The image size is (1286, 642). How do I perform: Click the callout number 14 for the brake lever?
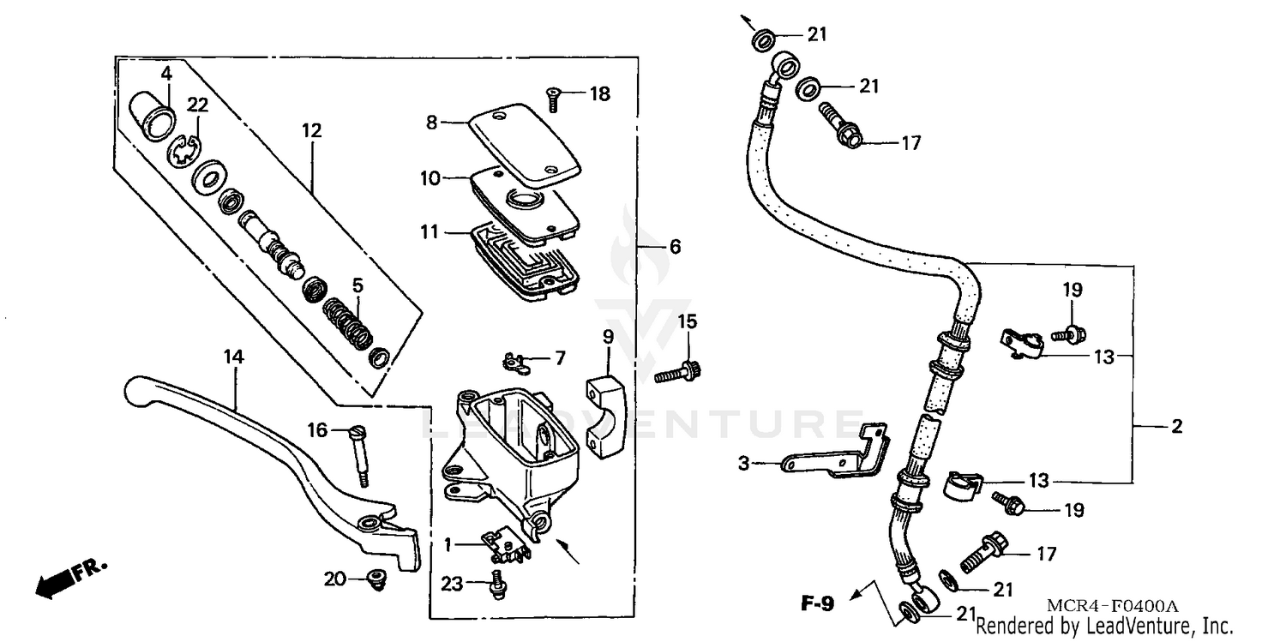pos(233,357)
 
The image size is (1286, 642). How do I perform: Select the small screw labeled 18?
pos(554,99)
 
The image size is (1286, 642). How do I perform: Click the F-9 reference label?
pos(817,604)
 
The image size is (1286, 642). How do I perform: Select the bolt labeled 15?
pos(676,374)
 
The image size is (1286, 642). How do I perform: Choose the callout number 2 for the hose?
pos(1176,427)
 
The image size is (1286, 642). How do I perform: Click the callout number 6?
pos(675,247)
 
